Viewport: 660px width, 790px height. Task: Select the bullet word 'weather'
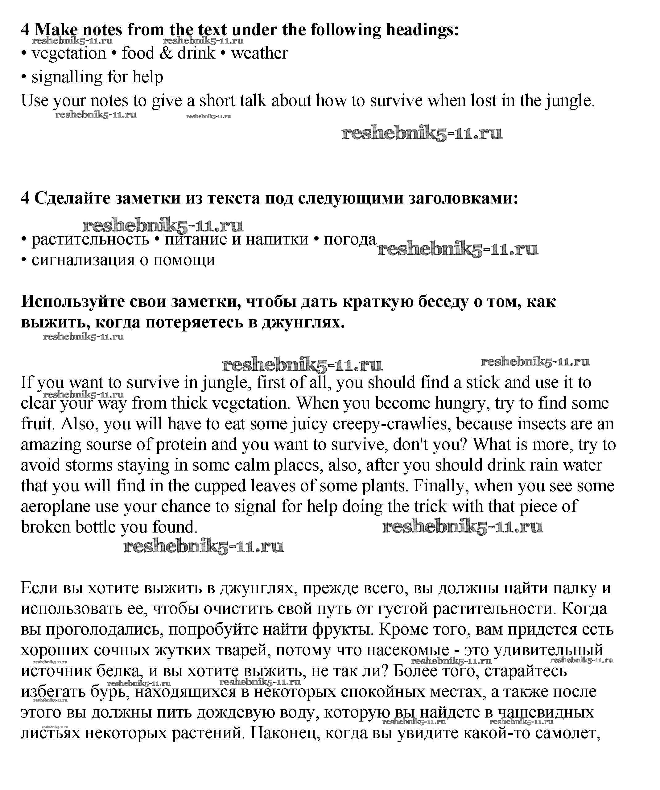tap(259, 53)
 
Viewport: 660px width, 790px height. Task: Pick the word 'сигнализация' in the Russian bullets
tap(83, 260)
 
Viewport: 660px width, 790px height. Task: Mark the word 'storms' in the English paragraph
tap(89, 465)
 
